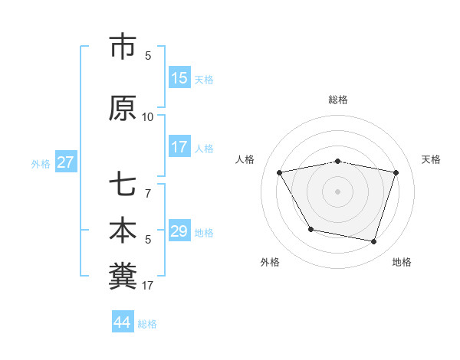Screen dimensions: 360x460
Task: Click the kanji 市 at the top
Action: [123, 47]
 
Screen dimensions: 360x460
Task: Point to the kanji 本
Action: [123, 232]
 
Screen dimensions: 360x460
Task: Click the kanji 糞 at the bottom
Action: [123, 277]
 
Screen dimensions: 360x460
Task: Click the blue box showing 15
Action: [179, 78]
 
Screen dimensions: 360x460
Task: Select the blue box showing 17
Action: [179, 147]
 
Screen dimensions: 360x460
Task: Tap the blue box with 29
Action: [179, 231]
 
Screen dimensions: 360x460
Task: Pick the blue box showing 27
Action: [66, 162]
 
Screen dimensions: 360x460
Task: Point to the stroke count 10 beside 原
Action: [148, 117]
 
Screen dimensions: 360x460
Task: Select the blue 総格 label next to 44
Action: [147, 324]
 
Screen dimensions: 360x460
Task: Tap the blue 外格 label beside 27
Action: [41, 163]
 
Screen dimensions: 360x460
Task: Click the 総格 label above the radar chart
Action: [338, 100]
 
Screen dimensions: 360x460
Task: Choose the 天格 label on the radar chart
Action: [431, 159]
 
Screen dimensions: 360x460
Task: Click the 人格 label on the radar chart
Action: [245, 159]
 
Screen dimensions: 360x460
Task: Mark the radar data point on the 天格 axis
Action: [396, 172]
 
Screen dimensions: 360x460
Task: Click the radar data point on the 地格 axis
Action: [374, 242]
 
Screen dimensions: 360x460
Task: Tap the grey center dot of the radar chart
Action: [338, 191]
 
